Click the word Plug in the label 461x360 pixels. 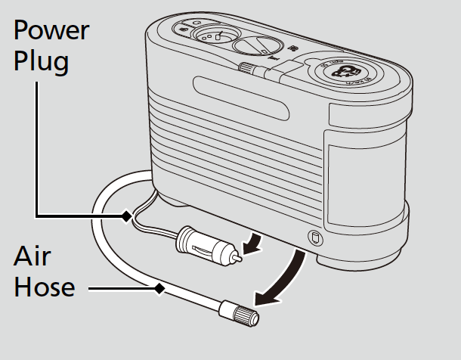coord(41,61)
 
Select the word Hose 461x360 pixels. coord(43,287)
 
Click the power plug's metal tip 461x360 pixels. coord(237,257)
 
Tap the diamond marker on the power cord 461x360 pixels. coord(126,217)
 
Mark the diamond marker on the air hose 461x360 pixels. coord(159,287)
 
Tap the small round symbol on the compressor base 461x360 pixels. coord(313,237)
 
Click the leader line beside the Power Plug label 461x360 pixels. coord(36,151)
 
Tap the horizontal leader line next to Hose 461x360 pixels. coord(121,287)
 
